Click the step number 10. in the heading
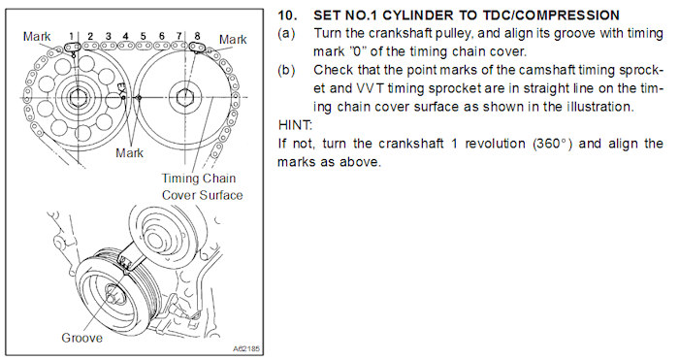[287, 16]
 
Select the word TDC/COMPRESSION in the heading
[551, 16]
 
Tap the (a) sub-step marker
[287, 33]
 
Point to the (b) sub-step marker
[287, 70]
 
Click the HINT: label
[295, 125]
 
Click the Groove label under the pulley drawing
[81, 338]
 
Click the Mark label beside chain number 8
[233, 40]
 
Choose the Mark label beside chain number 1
[37, 37]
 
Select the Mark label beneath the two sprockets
[129, 153]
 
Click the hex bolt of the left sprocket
[78, 97]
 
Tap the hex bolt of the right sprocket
[185, 98]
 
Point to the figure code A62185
[246, 348]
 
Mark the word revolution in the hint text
[495, 144]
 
